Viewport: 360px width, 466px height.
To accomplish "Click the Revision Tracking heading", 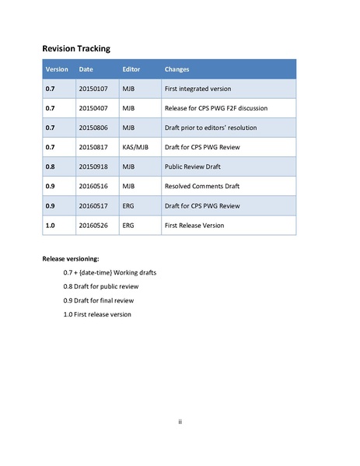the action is pyautogui.click(x=75, y=48).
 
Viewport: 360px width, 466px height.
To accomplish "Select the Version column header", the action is pyautogui.click(x=57, y=69).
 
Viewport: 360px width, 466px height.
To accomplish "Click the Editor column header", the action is pyautogui.click(x=131, y=69).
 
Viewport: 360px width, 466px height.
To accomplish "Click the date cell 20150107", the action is pyautogui.click(x=93, y=89).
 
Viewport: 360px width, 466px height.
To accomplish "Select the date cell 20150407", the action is pyautogui.click(x=93, y=108).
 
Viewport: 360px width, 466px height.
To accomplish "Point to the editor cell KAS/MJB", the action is pyautogui.click(x=135, y=147).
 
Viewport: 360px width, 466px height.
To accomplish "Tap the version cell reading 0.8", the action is pyautogui.click(x=50, y=166).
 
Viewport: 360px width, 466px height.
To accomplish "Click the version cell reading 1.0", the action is pyautogui.click(x=50, y=225).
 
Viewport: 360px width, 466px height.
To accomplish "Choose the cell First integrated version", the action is pyautogui.click(x=197, y=89).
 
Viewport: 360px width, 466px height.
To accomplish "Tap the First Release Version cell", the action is pyautogui.click(x=194, y=225).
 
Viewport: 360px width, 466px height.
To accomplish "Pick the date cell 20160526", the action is pyautogui.click(x=93, y=225).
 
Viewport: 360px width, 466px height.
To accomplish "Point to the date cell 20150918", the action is pyautogui.click(x=93, y=166).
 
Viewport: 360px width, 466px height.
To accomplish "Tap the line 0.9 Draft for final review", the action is pyautogui.click(x=100, y=300).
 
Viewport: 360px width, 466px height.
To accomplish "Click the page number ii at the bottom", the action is pyautogui.click(x=180, y=422).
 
